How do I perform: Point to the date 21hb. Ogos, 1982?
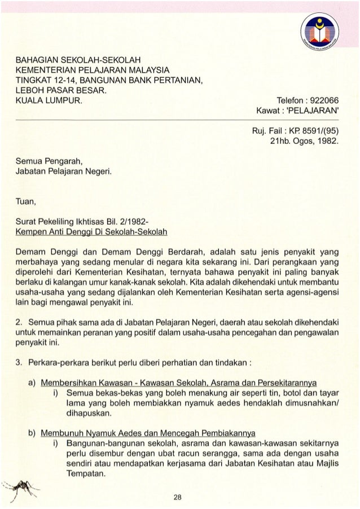tap(304, 141)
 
